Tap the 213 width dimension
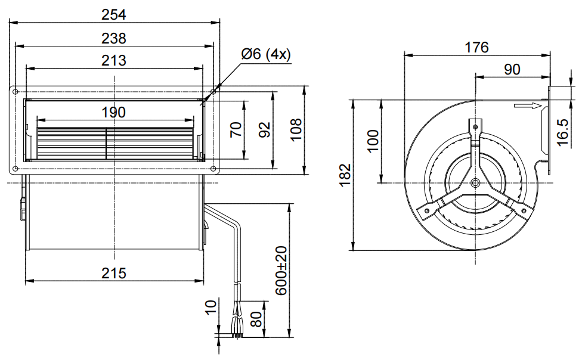(x=114, y=60)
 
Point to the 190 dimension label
(x=114, y=111)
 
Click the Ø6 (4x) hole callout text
(x=265, y=54)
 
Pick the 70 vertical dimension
(x=236, y=130)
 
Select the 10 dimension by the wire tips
(x=211, y=308)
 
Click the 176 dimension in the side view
(x=476, y=47)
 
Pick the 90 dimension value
(x=512, y=69)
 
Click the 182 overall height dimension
(x=345, y=175)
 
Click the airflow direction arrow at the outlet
(x=528, y=107)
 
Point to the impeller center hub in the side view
(x=475, y=182)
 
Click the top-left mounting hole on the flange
(x=16, y=92)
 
